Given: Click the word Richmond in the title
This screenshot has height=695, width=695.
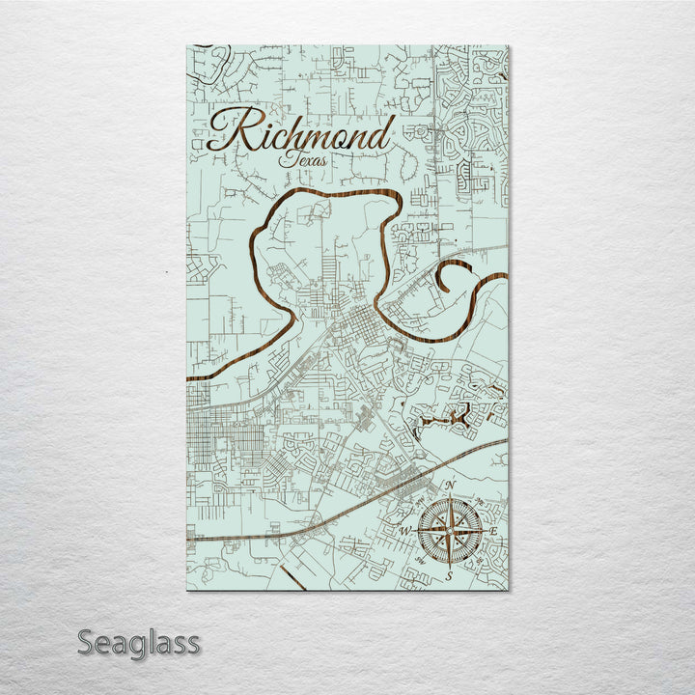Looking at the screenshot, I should [x=300, y=133].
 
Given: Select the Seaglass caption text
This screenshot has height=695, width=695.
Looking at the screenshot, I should [x=138, y=642].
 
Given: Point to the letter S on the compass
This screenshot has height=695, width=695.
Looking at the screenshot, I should [x=449, y=576].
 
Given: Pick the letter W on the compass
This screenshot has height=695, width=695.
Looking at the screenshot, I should [x=404, y=532].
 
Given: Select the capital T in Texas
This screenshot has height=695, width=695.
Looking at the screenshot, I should [x=287, y=158].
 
